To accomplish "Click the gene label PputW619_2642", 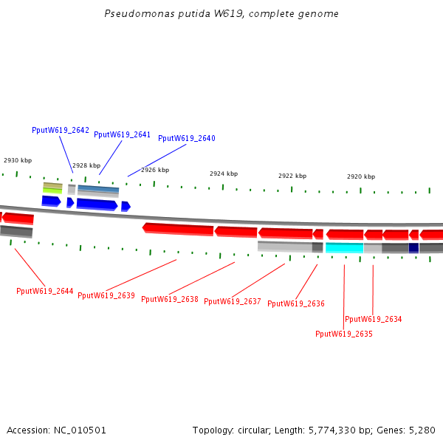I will tap(61, 130).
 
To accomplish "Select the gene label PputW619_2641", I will tap(122, 134).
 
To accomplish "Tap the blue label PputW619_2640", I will tap(186, 138).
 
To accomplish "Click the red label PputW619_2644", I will tap(44, 291).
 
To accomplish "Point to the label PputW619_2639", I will tap(106, 295).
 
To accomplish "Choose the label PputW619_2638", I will tap(169, 299).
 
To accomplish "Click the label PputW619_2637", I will tap(232, 301).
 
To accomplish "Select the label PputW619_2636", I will tap(295, 303).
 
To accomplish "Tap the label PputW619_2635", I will tap(343, 334).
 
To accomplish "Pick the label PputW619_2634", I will tap(373, 319).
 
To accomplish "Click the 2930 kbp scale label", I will tap(18, 160).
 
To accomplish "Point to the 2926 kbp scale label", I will tap(155, 170).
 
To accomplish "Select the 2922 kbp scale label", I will tap(292, 176).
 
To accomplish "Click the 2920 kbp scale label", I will tap(360, 177).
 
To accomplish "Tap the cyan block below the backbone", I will tap(344, 248).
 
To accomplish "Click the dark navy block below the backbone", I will tap(413, 248).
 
